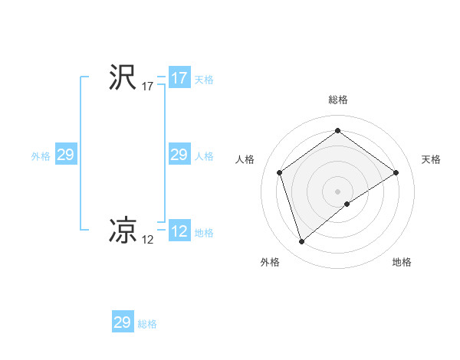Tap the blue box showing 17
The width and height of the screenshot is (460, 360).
point(179,78)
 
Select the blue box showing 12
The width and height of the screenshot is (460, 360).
point(179,231)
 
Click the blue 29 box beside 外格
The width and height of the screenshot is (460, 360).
point(65,155)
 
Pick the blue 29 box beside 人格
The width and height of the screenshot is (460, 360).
point(179,155)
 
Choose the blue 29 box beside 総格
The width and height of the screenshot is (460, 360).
point(123,322)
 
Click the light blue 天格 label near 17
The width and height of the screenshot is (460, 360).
point(204,80)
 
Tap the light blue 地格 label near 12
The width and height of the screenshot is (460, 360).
point(204,233)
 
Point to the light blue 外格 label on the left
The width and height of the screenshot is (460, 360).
point(41,156)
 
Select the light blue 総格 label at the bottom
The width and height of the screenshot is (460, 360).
point(147,324)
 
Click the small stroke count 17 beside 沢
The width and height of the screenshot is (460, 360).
point(148,87)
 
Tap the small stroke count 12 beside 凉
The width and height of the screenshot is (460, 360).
point(148,240)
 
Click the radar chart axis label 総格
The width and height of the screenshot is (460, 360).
point(338,100)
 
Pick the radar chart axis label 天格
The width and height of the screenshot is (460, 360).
point(432,159)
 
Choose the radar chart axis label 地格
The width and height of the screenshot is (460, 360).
point(402,262)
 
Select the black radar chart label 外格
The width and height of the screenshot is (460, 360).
point(270,262)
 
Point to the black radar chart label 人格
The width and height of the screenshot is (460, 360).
point(245,159)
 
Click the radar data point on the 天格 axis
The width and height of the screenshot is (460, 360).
point(396,173)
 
